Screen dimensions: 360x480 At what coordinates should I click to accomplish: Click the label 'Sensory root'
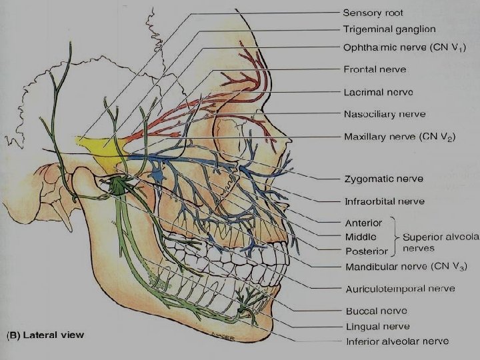(x=373, y=13)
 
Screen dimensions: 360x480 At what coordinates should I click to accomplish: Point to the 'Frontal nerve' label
(x=375, y=69)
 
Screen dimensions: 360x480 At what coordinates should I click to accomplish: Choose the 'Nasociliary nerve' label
(x=384, y=114)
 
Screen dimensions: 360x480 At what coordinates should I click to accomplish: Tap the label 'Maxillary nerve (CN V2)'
(x=399, y=137)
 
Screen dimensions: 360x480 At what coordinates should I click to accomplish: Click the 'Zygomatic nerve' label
(x=383, y=179)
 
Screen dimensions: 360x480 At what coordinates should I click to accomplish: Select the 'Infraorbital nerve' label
(x=384, y=201)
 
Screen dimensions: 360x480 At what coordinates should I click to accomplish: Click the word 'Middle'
(x=361, y=237)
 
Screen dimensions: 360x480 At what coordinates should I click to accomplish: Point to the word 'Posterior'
(x=366, y=251)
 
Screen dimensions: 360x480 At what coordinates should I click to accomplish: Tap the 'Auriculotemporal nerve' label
(x=400, y=289)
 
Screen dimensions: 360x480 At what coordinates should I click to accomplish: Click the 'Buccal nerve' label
(x=376, y=311)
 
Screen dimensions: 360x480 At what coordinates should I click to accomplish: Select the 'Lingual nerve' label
(x=377, y=326)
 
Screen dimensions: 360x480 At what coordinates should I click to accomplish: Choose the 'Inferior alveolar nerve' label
(x=396, y=341)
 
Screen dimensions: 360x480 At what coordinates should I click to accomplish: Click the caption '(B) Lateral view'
(x=45, y=335)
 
